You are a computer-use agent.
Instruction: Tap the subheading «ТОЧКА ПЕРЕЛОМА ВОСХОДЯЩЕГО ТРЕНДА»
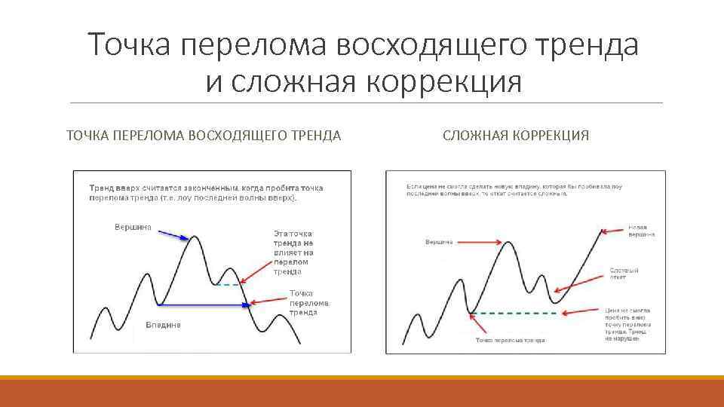tap(204, 136)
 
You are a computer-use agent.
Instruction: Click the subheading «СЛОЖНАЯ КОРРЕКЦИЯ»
tap(516, 136)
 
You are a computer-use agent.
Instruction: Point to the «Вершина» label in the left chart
tap(133, 226)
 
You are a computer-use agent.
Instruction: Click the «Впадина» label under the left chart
tap(163, 325)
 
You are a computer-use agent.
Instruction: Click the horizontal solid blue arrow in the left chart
tap(204, 304)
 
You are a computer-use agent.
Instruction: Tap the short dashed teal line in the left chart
tap(227, 284)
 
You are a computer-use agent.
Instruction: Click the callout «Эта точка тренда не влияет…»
tap(293, 252)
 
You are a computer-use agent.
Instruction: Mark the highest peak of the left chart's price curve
tap(195, 237)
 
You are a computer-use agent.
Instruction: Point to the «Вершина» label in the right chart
tap(439, 242)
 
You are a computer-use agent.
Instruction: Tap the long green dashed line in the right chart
tap(535, 312)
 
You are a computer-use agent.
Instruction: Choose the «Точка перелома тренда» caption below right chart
tap(510, 341)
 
